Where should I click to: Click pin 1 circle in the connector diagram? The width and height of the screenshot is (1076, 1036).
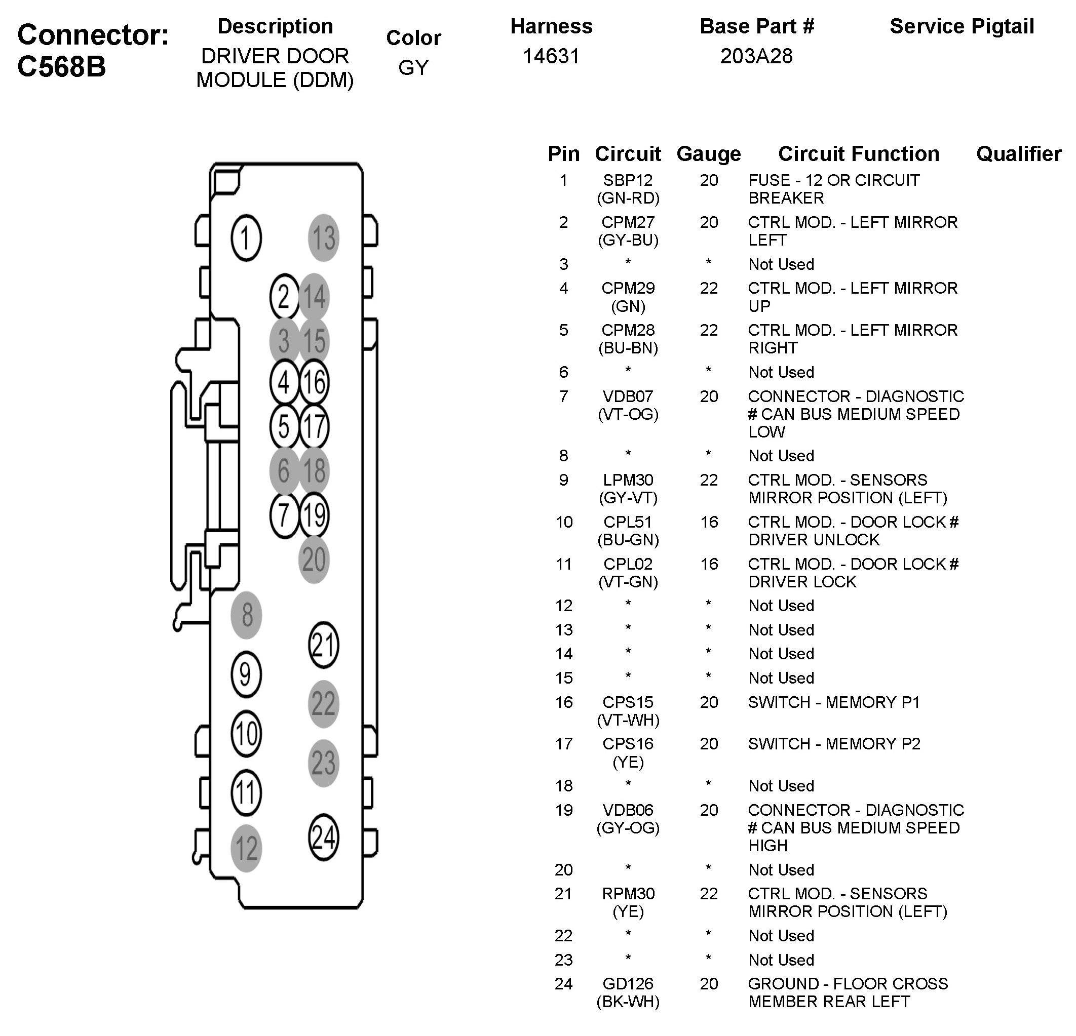click(x=245, y=237)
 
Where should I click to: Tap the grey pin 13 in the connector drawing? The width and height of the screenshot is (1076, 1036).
click(x=323, y=237)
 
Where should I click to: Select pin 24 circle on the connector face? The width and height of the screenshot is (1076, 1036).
click(x=323, y=837)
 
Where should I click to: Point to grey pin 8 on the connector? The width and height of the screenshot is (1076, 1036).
click(x=246, y=615)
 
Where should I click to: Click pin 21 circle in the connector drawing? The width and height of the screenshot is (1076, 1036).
click(x=323, y=645)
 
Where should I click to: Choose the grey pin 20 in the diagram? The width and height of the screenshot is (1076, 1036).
click(x=314, y=559)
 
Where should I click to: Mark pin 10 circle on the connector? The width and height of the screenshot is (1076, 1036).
click(x=245, y=734)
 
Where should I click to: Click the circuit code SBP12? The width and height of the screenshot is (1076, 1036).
click(x=628, y=180)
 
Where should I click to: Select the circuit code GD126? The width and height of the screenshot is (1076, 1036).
click(x=628, y=983)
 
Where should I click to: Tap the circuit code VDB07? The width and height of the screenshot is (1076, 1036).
click(x=628, y=396)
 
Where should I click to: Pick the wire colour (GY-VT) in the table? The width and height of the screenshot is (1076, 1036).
click(x=628, y=498)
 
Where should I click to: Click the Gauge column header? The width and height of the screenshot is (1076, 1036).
click(x=708, y=154)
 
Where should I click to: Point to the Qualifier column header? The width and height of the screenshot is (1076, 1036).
click(x=1018, y=154)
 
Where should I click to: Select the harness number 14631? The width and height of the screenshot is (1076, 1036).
click(x=551, y=56)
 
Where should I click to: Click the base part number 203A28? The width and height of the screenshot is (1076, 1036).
click(x=756, y=56)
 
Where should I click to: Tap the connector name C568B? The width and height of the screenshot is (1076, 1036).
click(x=61, y=67)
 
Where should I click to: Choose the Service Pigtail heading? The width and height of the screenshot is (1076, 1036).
click(x=962, y=26)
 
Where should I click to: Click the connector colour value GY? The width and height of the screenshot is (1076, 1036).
click(x=413, y=67)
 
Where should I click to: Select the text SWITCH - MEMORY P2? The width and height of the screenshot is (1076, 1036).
click(x=834, y=743)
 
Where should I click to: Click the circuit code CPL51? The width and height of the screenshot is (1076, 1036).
click(x=628, y=522)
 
